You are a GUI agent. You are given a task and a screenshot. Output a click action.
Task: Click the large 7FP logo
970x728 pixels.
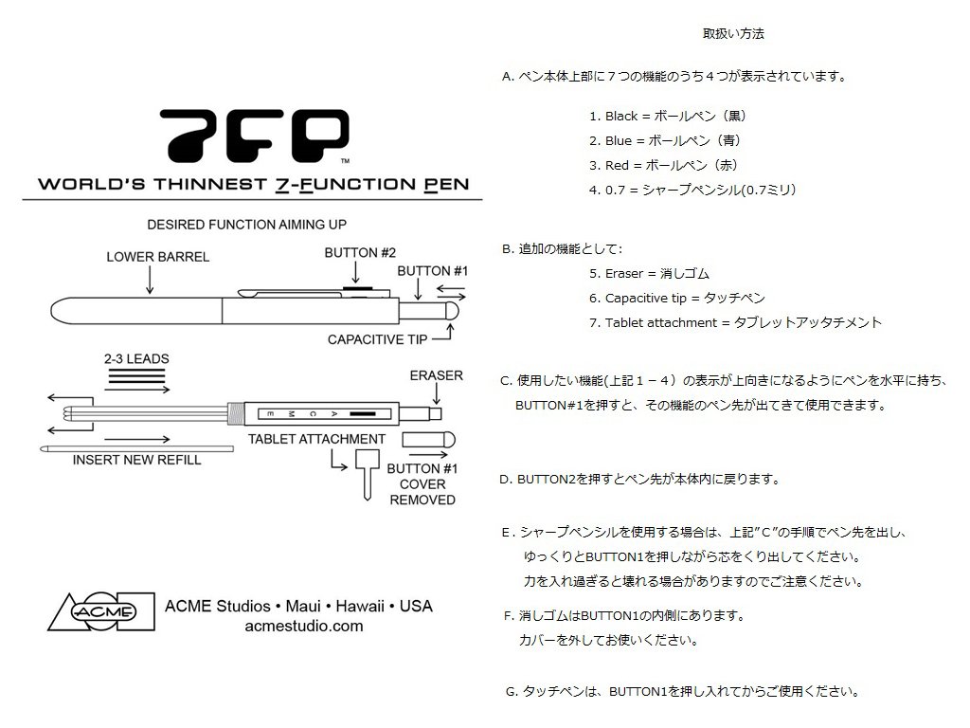(253, 136)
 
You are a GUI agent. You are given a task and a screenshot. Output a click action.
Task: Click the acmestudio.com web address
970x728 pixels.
(303, 626)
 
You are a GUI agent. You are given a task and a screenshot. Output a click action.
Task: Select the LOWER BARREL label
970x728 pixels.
(157, 256)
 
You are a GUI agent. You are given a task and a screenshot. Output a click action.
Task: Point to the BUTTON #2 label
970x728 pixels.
(359, 253)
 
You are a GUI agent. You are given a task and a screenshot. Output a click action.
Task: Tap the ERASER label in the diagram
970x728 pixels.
(437, 375)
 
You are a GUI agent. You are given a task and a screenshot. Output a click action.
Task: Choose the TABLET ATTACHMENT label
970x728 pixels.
(316, 439)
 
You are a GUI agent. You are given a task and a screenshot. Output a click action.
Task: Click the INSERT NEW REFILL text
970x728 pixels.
(137, 460)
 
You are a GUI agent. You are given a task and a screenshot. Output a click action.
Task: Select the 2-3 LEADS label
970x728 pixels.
(137, 360)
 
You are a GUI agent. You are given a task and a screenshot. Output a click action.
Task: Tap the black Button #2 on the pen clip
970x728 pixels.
(357, 282)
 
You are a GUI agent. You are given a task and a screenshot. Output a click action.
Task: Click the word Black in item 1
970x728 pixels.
(621, 117)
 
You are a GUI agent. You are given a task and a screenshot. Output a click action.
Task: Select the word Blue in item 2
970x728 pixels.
(618, 141)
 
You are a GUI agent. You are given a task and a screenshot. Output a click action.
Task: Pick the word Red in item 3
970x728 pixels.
(617, 165)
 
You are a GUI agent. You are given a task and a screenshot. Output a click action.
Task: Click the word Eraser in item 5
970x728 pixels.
(625, 274)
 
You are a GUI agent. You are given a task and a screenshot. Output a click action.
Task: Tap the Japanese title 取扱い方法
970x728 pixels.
(733, 34)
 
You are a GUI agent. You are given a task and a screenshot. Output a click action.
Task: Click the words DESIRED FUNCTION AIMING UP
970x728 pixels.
(246, 225)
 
